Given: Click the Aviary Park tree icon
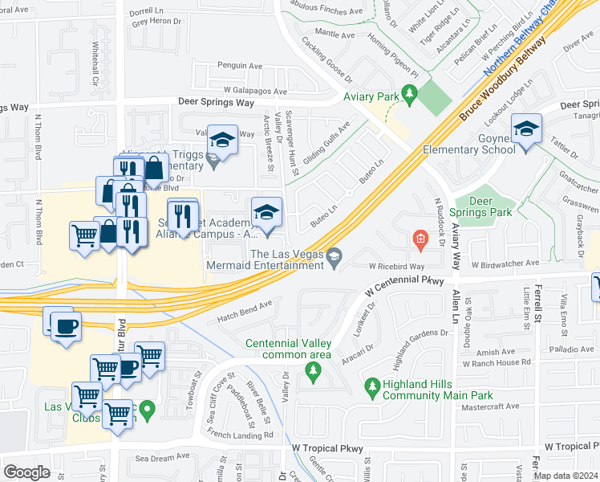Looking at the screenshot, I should (x=410, y=96).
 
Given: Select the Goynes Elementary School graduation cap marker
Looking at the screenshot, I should (x=526, y=129).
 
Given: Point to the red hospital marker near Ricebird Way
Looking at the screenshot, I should (x=420, y=239).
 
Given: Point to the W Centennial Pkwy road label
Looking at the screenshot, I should (x=404, y=284).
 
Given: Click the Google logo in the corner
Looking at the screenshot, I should (x=27, y=472).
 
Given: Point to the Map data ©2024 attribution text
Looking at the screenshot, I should (x=566, y=476).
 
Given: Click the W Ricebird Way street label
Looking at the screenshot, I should (x=396, y=265).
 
